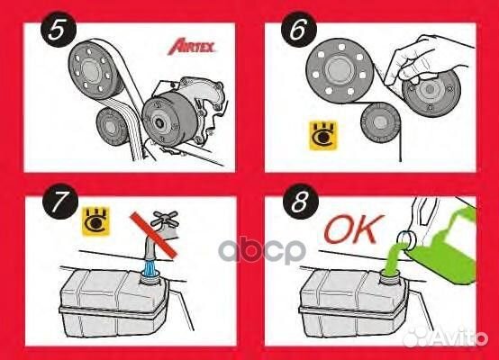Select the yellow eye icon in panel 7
tap(93, 218)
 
